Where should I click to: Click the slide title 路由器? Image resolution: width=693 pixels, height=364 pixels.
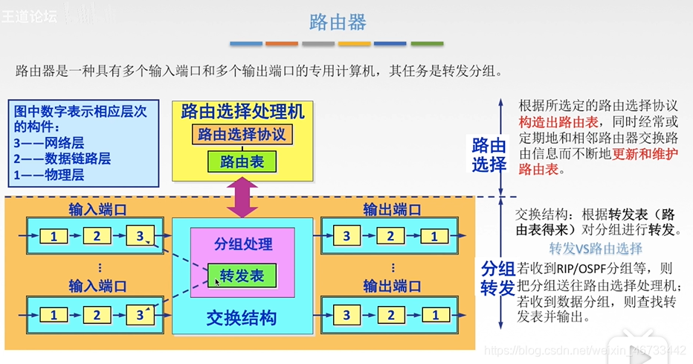click(338, 22)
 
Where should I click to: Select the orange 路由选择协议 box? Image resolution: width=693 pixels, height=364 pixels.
click(242, 135)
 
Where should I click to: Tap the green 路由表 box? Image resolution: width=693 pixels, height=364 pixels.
click(242, 162)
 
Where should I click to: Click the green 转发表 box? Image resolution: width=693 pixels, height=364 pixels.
click(242, 276)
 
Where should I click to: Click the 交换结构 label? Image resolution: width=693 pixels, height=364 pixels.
click(241, 319)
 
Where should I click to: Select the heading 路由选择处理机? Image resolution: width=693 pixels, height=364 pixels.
click(242, 112)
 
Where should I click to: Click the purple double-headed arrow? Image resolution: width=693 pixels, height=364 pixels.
click(242, 199)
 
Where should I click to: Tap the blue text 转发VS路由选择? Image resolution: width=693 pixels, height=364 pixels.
click(596, 249)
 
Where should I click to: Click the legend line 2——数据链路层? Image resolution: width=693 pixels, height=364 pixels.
click(62, 159)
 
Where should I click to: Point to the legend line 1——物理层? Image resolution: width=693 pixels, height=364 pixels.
click(48, 175)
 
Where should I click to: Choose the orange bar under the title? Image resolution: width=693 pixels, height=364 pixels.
click(282, 44)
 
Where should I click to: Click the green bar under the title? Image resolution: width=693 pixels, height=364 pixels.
click(427, 44)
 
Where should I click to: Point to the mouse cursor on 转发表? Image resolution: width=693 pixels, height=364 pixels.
click(218, 281)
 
